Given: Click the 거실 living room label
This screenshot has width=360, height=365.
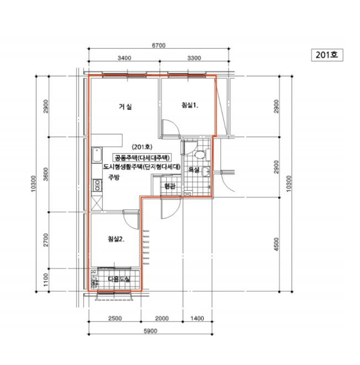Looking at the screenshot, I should [x=125, y=107].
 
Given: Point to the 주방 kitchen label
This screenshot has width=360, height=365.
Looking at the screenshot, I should [x=114, y=178].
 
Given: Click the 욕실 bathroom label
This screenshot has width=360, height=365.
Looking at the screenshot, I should [x=194, y=169].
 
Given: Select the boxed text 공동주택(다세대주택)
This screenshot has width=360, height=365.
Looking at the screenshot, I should [x=143, y=157].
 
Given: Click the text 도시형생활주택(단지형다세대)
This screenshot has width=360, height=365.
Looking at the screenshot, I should [x=142, y=167].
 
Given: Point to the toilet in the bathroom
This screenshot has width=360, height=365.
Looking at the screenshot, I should [x=198, y=154].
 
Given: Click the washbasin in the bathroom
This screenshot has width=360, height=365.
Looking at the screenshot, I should [x=207, y=173].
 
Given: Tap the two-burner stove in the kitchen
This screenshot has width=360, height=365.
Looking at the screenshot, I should [x=97, y=184].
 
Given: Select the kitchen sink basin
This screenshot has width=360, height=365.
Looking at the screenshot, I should [x=96, y=156].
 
